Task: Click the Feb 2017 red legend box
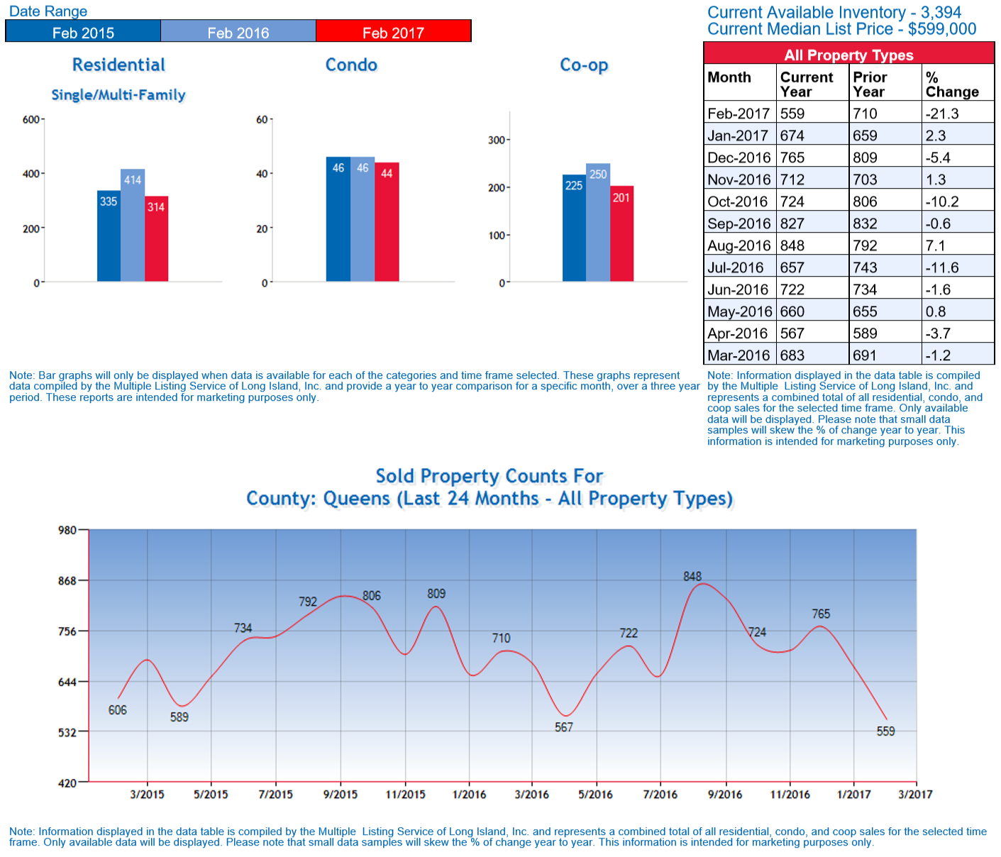[x=393, y=32]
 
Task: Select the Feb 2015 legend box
[x=83, y=32]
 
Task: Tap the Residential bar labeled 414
[x=133, y=225]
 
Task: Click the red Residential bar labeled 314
[x=156, y=238]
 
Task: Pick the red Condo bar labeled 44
[x=387, y=222]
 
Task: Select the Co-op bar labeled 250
[x=598, y=223]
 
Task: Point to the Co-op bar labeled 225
[x=574, y=228]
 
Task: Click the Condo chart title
[x=351, y=65]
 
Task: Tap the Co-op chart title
[x=584, y=65]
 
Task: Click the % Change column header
[x=951, y=84]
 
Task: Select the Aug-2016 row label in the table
[x=739, y=245]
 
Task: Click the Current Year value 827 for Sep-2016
[x=792, y=223]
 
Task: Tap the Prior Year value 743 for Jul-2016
[x=865, y=267]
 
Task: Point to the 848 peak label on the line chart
[x=692, y=577]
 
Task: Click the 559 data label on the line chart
[x=885, y=731]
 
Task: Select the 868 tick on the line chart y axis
[x=67, y=581]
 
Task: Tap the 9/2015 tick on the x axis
[x=341, y=795]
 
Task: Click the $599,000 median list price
[x=942, y=29]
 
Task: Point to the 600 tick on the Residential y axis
[x=31, y=120]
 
